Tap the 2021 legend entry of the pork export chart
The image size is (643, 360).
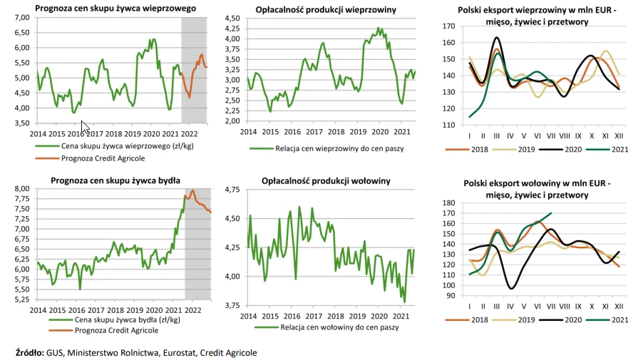click(616, 149)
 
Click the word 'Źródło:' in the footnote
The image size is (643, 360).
click(29, 353)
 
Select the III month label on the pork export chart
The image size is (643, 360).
click(497, 136)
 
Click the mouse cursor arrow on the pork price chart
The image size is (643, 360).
click(85, 127)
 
